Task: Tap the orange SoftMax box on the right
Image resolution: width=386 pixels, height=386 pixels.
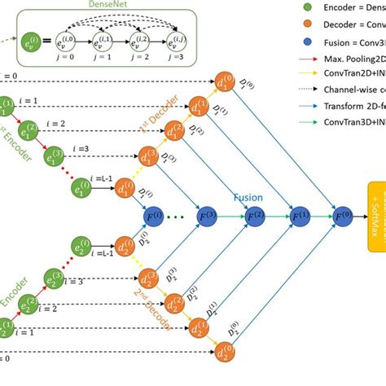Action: coord(375,216)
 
